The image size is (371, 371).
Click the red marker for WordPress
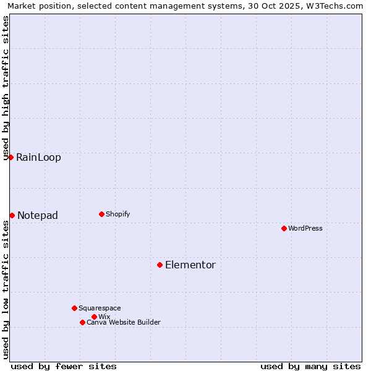pos(284,228)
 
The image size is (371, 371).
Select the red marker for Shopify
pos(101,214)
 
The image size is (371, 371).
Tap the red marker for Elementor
pos(160,265)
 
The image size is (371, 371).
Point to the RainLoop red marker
pos(11,157)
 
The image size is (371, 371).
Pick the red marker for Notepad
pos(12,215)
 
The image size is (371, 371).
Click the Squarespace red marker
pos(74,308)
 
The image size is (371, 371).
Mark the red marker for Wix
pos(94,317)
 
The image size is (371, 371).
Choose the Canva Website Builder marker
pos(82,322)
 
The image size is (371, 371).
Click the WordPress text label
pos(305,228)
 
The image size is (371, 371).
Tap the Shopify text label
pos(117,214)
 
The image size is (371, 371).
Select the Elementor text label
pos(190,265)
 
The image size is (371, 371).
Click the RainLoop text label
pos(38,157)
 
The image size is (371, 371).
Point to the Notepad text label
pos(38,215)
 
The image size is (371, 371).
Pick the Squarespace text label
pos(100,308)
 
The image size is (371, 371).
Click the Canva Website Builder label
pos(124,322)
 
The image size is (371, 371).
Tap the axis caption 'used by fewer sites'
pos(64,366)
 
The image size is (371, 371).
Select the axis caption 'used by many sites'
pos(310,366)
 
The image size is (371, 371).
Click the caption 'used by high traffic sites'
pos(6,88)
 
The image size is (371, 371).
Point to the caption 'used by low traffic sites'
pos(6,289)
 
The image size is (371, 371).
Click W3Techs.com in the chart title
pos(335,6)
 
